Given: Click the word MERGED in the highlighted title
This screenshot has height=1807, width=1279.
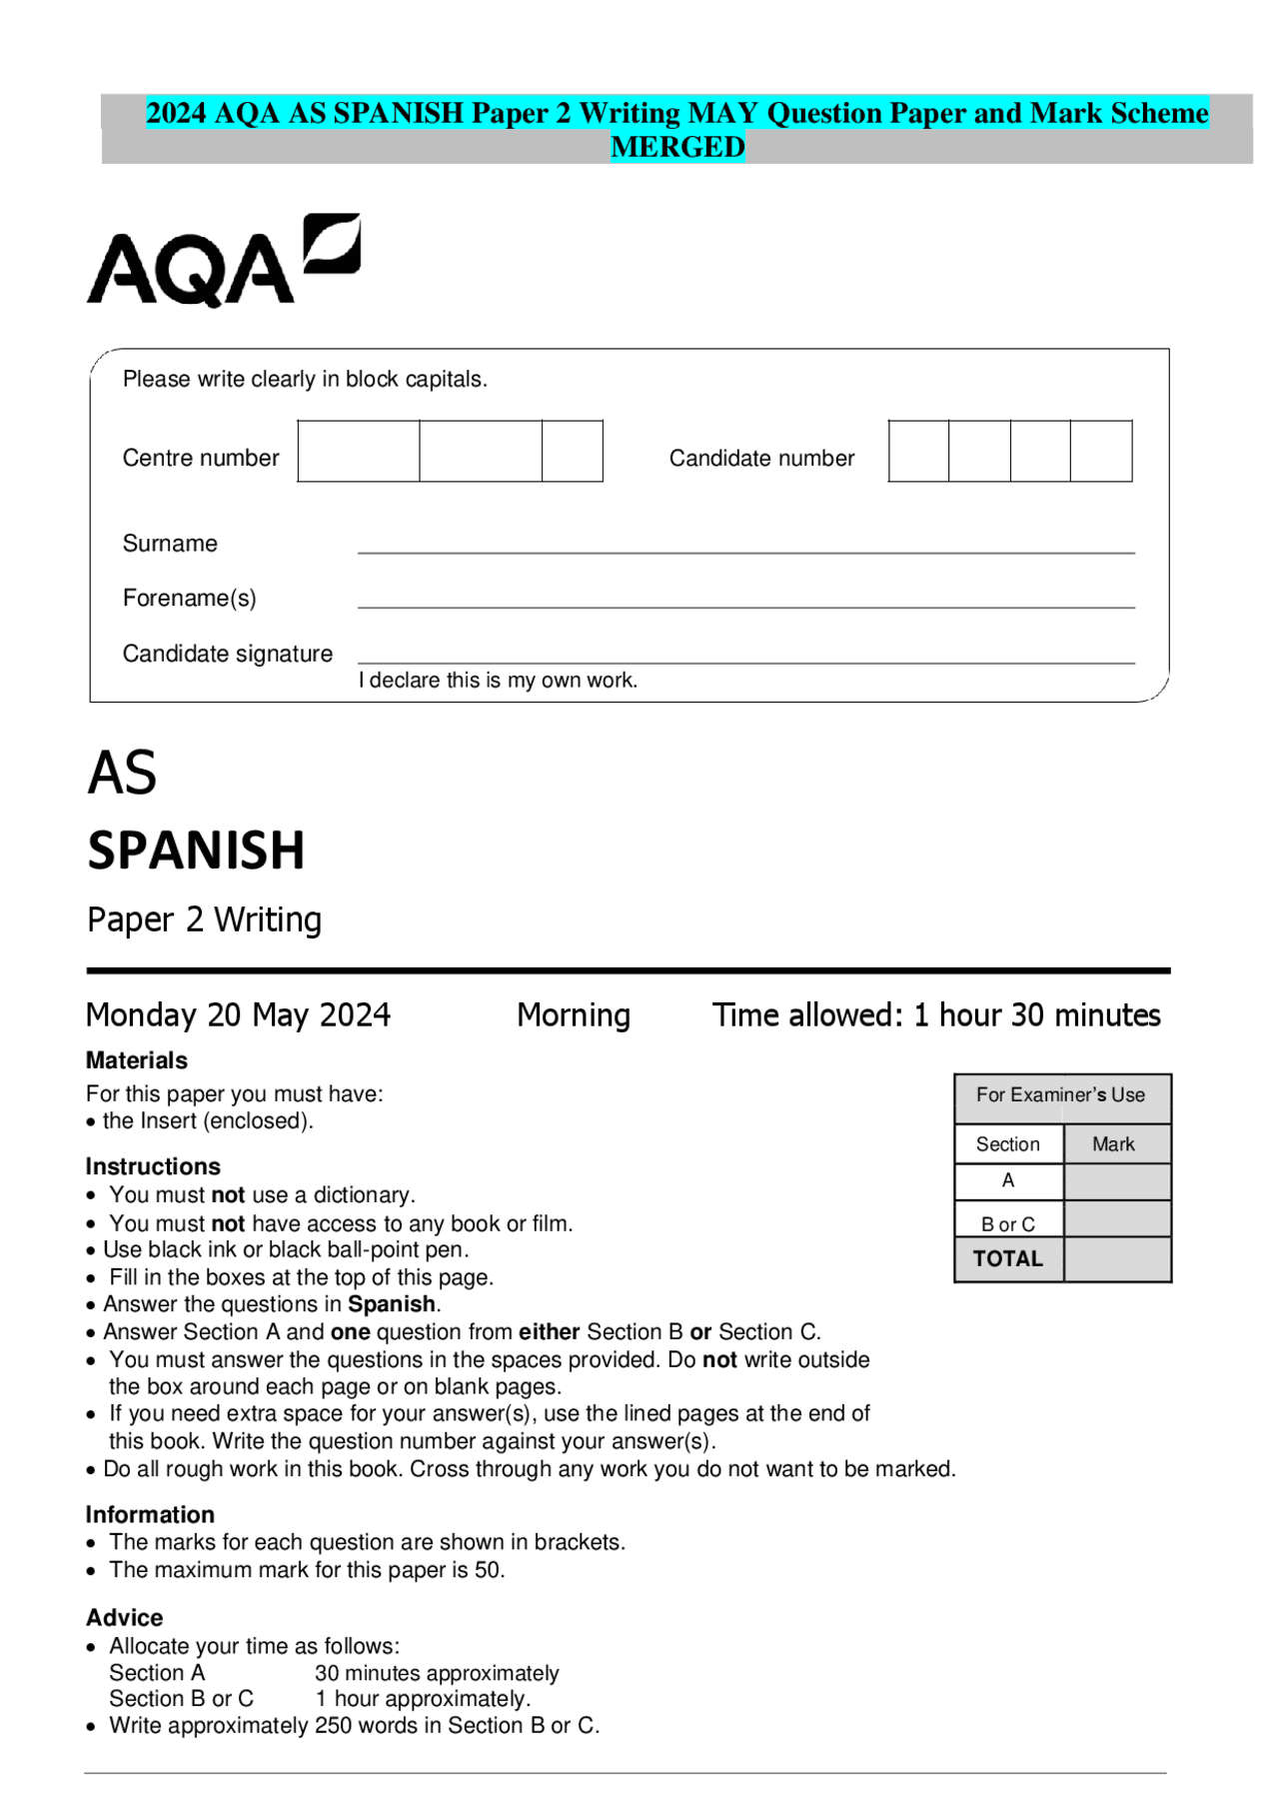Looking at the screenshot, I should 677,147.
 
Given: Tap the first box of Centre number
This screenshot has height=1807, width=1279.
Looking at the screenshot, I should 358,451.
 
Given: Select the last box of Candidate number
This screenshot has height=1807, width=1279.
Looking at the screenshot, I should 1100,451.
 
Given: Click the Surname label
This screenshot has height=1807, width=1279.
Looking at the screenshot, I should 170,544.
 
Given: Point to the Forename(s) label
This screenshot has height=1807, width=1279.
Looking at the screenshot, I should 189,598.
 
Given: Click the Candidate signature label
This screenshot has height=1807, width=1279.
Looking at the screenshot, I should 227,654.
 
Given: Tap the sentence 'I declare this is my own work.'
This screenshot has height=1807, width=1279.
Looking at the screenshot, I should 498,681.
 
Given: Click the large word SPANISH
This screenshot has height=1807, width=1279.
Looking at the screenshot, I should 196,851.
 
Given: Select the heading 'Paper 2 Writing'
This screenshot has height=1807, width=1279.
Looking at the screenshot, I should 204,919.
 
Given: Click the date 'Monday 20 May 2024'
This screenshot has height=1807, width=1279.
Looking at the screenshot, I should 238,1015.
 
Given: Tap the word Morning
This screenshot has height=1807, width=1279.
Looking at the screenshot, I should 574,1015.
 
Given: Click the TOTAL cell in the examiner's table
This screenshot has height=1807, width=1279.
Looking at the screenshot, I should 1007,1259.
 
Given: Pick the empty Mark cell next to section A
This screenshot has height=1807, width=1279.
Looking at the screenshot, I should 1116,1181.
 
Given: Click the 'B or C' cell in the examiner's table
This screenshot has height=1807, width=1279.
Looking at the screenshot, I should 1007,1223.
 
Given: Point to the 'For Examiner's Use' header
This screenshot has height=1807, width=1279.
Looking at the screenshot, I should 1060,1095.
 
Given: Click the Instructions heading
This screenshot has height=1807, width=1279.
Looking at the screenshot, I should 153,1166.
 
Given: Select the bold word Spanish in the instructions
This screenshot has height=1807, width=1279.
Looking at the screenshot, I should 391,1304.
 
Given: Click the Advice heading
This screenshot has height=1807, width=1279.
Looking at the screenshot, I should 124,1617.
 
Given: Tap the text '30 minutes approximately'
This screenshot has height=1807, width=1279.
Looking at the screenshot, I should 437,1673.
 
